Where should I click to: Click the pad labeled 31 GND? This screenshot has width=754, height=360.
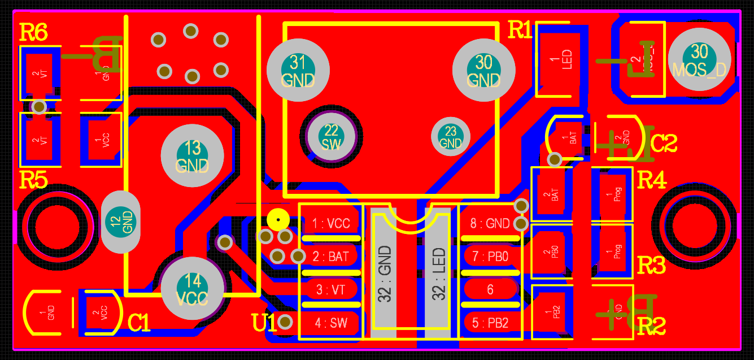(x=298, y=70)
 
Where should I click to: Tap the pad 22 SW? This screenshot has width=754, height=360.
(x=332, y=137)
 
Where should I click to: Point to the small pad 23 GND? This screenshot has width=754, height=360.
(x=450, y=136)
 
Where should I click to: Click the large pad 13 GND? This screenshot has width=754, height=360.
(x=193, y=156)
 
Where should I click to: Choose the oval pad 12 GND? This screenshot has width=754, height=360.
(x=121, y=222)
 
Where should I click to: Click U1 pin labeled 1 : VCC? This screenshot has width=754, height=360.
(x=331, y=224)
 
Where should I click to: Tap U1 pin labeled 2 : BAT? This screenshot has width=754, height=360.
(x=331, y=257)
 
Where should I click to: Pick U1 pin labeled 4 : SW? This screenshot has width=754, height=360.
(x=331, y=323)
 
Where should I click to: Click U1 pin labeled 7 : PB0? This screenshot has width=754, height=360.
(x=490, y=257)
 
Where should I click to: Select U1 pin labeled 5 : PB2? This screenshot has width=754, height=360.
(x=490, y=323)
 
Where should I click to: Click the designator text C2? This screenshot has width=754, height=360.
(x=663, y=144)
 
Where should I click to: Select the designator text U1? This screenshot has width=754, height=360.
(x=264, y=323)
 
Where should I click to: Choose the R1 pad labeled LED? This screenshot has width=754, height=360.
(x=558, y=58)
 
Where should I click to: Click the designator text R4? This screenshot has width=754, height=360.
(x=651, y=181)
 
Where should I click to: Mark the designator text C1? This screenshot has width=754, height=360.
(x=139, y=323)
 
